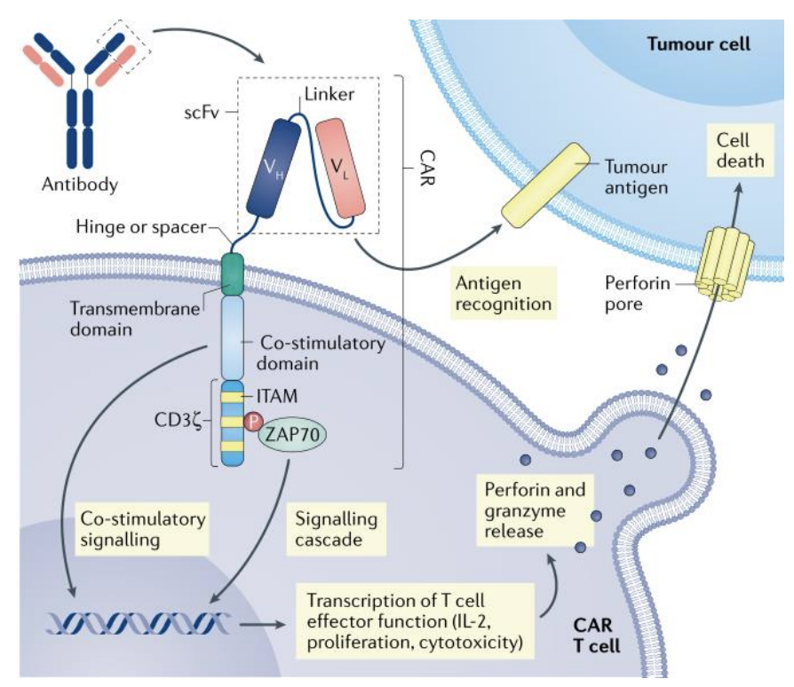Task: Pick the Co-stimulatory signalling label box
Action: click(144, 527)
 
